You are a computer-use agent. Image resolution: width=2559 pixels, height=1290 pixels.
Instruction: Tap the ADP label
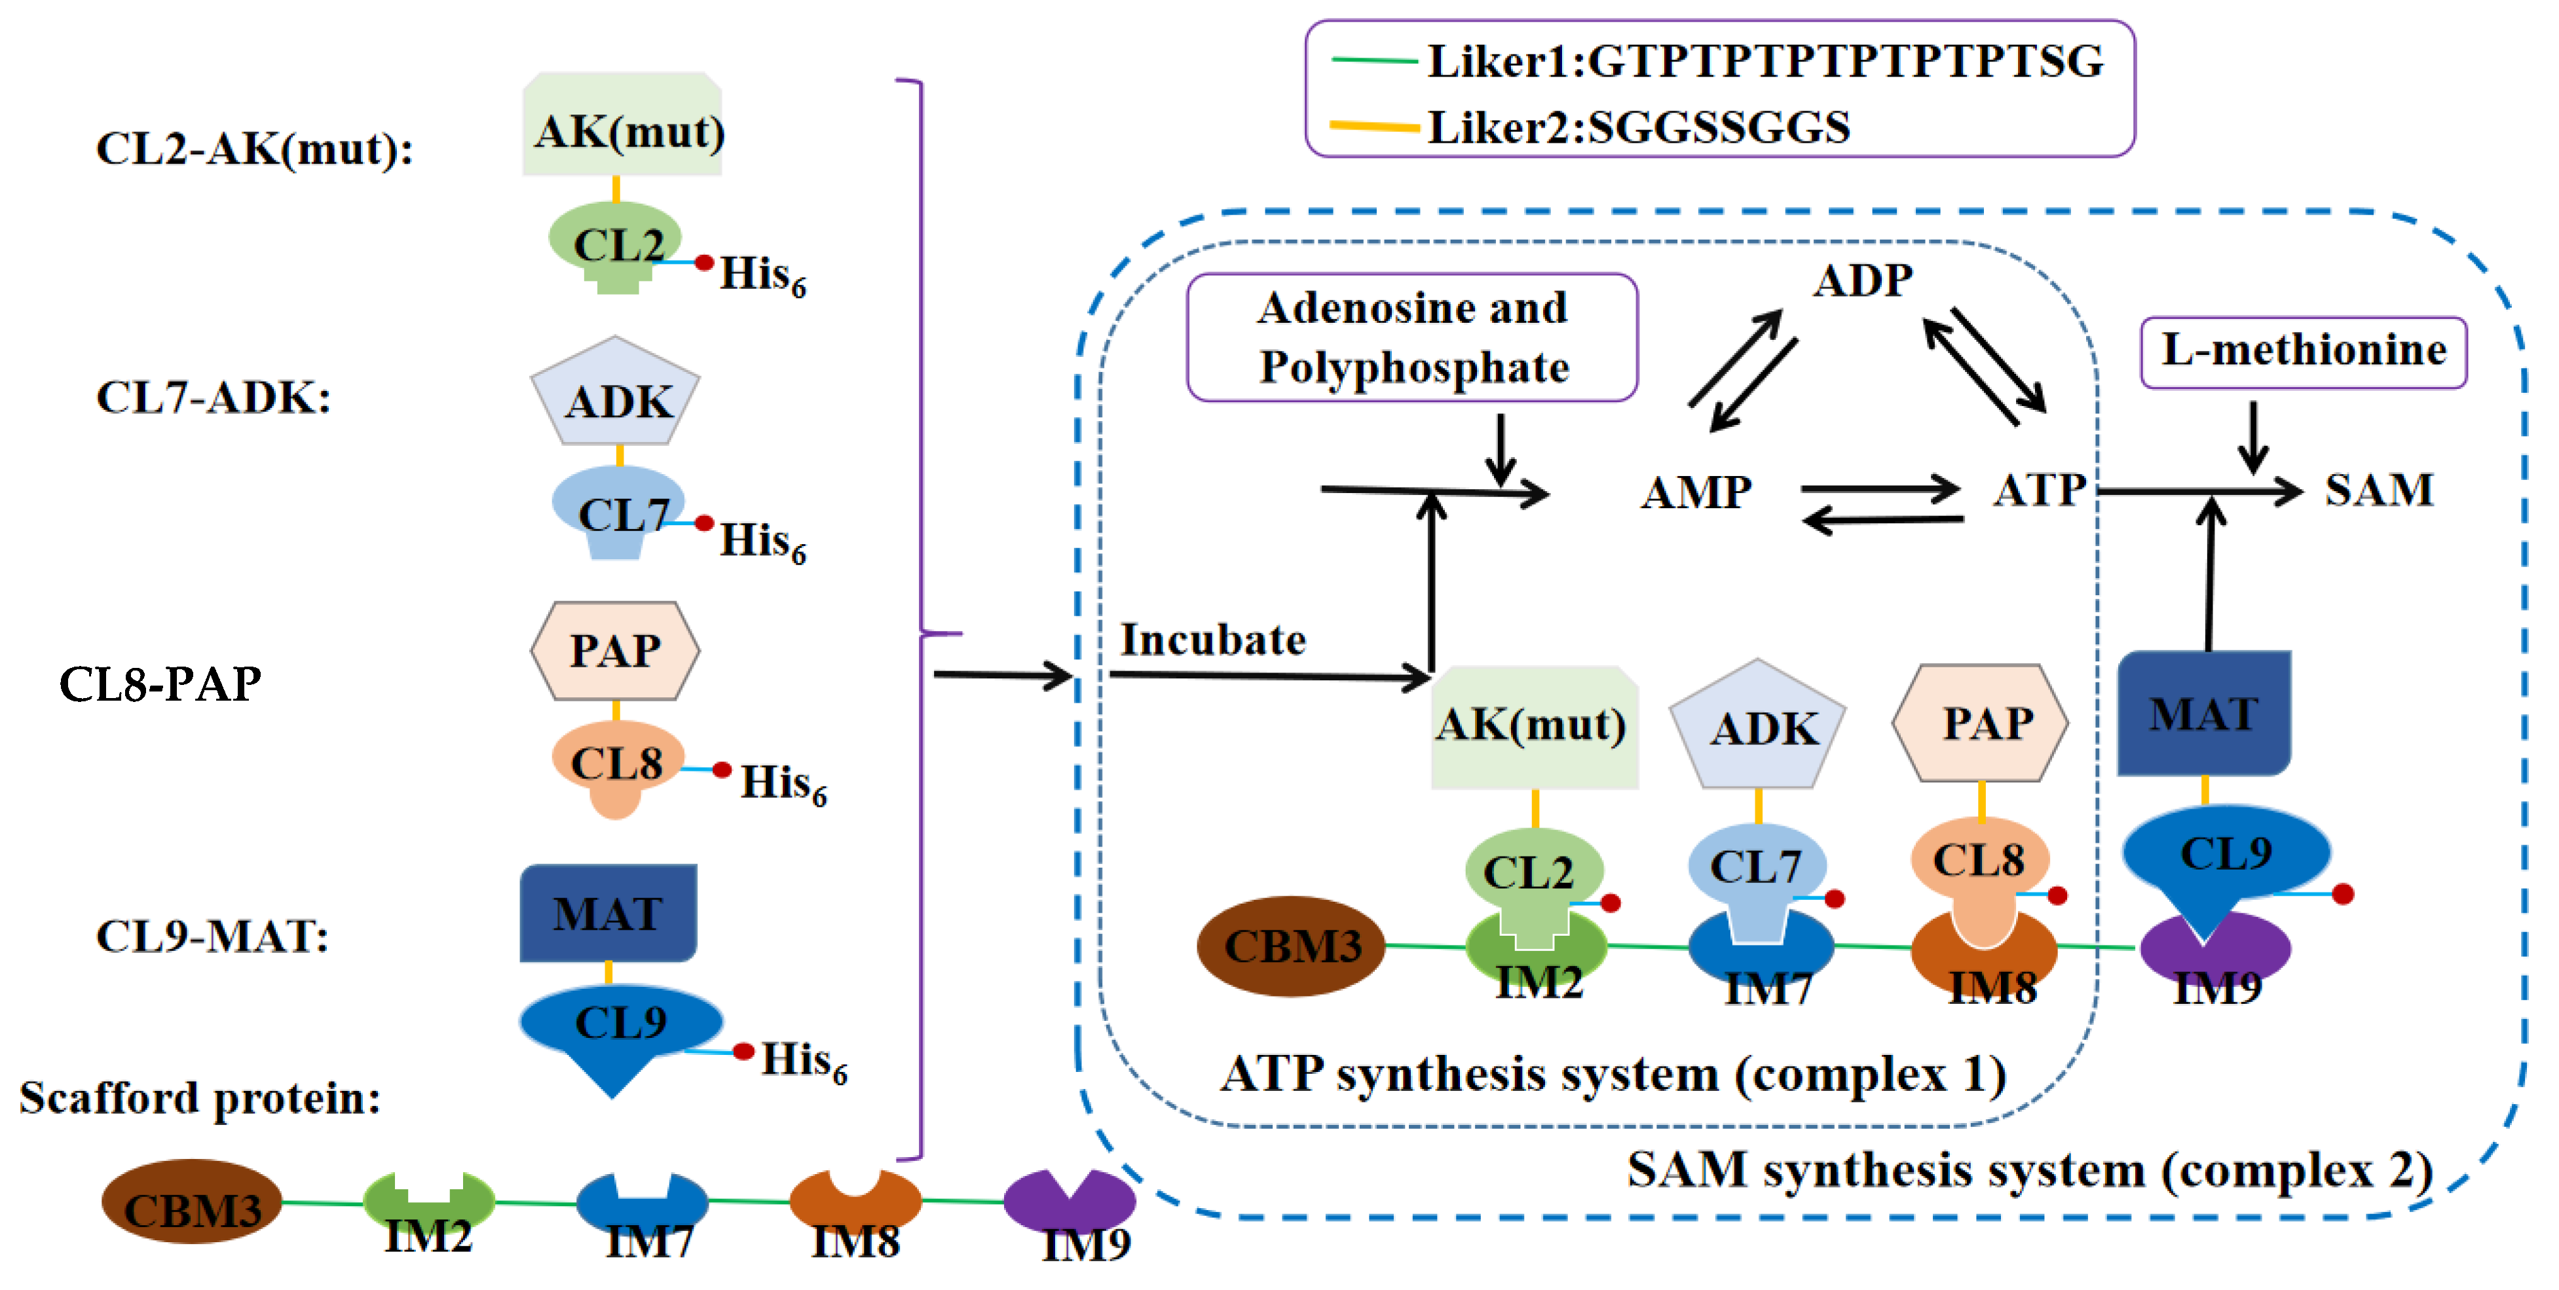coord(1863,281)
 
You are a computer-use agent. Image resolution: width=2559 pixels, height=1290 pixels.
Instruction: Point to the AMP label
coord(1696,492)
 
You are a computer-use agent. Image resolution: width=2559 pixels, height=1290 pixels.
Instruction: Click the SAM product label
coord(2378,490)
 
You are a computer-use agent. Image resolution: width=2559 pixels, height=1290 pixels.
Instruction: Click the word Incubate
coord(1213,640)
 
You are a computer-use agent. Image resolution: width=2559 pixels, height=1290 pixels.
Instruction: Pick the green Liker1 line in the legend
coord(1374,62)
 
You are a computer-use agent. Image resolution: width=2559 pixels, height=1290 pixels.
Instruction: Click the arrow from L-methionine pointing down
coord(2253,437)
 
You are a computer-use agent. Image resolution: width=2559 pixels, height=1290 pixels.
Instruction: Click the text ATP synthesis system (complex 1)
coord(1613,1075)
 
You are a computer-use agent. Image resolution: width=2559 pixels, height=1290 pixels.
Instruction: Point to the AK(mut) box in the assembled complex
coord(1533,727)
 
